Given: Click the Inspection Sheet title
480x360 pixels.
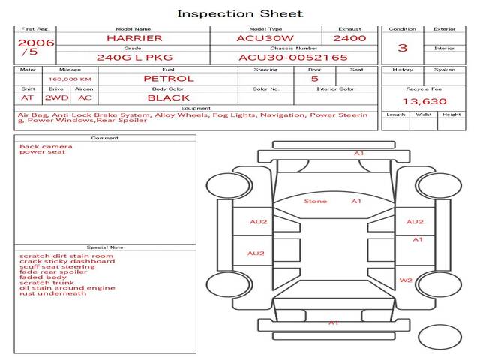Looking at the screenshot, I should point(239,13).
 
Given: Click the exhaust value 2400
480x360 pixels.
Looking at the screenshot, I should point(349,37).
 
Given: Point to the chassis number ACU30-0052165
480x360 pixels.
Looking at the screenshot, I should point(293,57).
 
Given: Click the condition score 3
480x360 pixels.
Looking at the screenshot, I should point(403,48).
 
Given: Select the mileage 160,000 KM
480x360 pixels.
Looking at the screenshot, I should point(70,79).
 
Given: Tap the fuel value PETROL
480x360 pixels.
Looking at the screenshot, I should point(168,78).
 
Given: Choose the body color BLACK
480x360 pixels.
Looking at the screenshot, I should point(168,97).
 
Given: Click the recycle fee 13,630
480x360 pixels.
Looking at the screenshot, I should point(424,101).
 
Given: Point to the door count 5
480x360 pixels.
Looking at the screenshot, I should point(314,78).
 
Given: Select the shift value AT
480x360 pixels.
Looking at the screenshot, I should point(27,97).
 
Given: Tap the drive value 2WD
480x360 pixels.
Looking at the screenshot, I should point(54,97).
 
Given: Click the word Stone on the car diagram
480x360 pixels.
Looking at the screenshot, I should point(315,201).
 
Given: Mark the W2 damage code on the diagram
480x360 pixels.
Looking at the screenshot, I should point(406,280).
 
